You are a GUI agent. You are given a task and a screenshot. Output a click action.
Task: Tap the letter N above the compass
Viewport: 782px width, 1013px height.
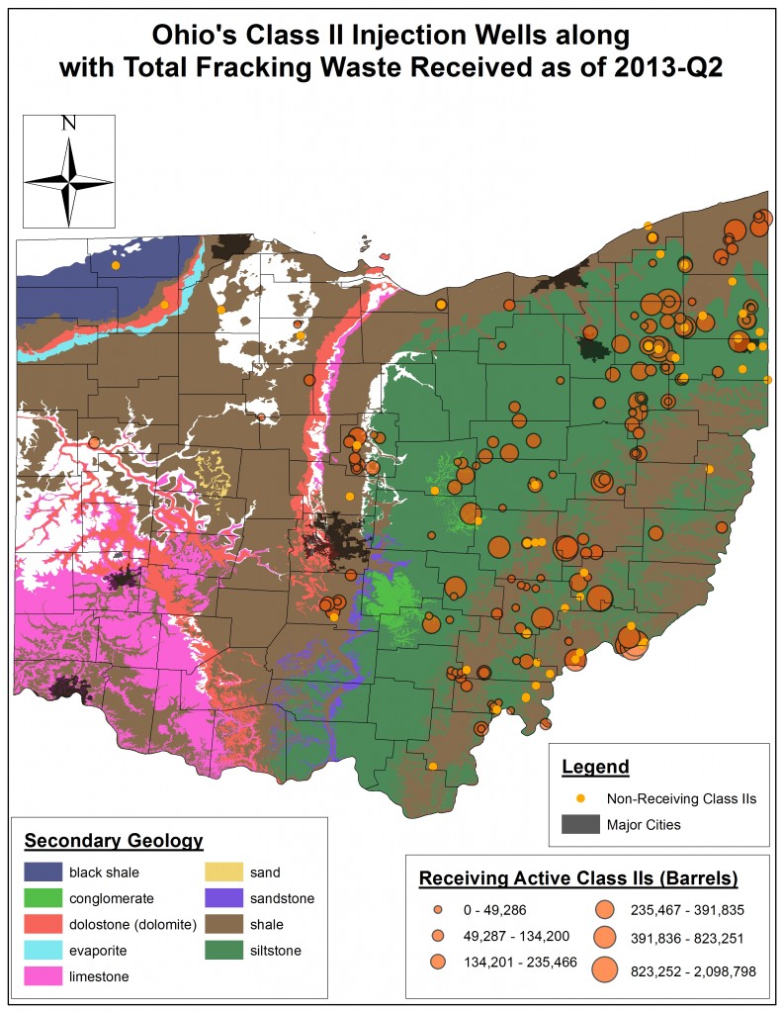(68, 124)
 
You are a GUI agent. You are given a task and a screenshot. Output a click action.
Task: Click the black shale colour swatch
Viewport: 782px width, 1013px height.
(42, 873)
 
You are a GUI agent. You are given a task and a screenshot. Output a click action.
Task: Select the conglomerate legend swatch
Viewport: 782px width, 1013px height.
(42, 898)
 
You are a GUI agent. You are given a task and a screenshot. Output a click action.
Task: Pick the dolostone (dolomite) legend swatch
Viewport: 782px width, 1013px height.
(42, 924)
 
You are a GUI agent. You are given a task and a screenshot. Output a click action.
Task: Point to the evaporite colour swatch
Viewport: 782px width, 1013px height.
(42, 950)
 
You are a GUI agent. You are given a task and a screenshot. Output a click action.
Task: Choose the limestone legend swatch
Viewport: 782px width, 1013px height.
(42, 975)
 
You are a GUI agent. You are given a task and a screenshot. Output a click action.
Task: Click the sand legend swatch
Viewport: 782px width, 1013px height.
(222, 873)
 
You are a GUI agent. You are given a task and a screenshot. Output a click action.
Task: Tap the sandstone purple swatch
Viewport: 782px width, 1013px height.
(222, 898)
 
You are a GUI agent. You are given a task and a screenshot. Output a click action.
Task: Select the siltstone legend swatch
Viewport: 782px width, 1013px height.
(222, 950)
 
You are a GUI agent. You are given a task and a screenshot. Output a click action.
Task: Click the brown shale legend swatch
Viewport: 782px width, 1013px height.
(222, 924)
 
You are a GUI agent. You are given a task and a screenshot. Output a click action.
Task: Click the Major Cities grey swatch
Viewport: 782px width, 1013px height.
(580, 823)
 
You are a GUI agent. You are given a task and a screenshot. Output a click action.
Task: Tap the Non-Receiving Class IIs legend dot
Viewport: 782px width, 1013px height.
(580, 797)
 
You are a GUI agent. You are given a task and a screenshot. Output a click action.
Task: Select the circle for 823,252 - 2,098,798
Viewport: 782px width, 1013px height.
(605, 970)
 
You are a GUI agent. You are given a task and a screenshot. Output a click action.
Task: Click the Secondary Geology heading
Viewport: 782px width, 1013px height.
(113, 841)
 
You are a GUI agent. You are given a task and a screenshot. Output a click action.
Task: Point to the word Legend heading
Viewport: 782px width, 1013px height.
(595, 767)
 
